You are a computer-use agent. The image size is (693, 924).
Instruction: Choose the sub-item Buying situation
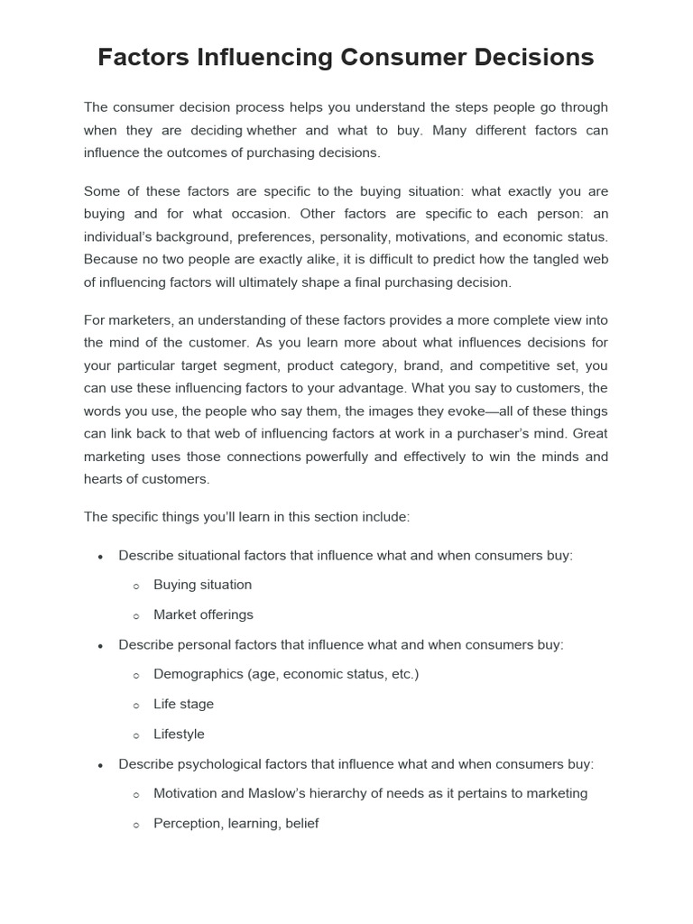[x=202, y=585]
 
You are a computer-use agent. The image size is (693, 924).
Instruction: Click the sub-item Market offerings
[x=203, y=614]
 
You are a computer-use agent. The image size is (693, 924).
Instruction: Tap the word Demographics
[x=196, y=674]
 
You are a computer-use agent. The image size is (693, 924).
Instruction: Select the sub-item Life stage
[x=183, y=704]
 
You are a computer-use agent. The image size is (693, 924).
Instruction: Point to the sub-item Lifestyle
[x=179, y=735]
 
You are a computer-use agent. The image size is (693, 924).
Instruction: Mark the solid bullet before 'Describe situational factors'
[x=101, y=556]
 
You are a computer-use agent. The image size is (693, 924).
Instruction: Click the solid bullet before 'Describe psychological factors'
[x=101, y=765]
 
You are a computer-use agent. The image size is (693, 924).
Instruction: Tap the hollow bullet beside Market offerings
[x=136, y=616]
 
